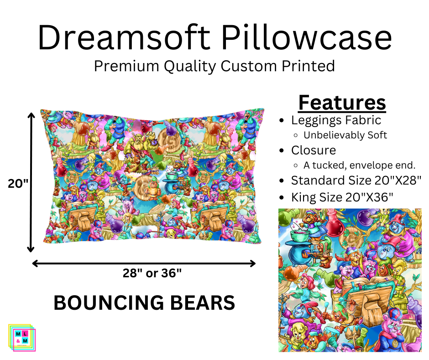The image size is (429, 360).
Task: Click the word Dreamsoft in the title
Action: (124, 37)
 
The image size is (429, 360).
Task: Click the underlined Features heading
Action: (342, 103)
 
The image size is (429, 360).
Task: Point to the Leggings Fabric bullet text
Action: (336, 121)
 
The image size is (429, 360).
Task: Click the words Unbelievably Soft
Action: (345, 135)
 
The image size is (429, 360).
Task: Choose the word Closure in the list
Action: (314, 150)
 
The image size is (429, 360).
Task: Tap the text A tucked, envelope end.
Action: (359, 165)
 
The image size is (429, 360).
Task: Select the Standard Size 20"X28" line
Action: (356, 180)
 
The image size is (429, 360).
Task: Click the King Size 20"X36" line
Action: (342, 197)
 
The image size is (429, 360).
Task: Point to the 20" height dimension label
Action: (18, 184)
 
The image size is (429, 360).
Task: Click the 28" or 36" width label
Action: (152, 273)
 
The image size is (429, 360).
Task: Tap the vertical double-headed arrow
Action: (31, 182)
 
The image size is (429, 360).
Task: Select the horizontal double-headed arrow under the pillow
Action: (144, 264)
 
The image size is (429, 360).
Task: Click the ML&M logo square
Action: (22, 338)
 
